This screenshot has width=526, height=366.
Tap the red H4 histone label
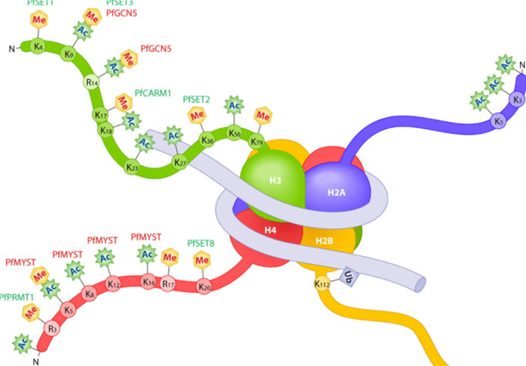pyautogui.click(x=272, y=230)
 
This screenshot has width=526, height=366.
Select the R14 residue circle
pyautogui.click(x=92, y=82)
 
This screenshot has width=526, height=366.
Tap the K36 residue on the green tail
pyautogui.click(x=208, y=140)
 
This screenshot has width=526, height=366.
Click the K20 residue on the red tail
pyautogui.click(x=204, y=286)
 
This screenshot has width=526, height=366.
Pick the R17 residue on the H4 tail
pyautogui.click(x=171, y=284)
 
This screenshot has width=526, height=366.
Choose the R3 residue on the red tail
pyautogui.click(x=52, y=329)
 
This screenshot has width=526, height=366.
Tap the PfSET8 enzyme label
pyautogui.click(x=203, y=242)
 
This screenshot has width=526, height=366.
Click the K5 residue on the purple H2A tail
pyautogui.click(x=498, y=120)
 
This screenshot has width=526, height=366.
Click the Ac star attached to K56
pyautogui.click(x=235, y=106)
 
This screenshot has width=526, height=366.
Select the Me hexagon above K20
pyautogui.click(x=202, y=260)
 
